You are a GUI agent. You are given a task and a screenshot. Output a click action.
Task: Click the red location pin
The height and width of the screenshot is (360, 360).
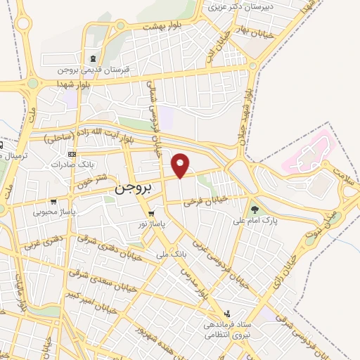point(181,165)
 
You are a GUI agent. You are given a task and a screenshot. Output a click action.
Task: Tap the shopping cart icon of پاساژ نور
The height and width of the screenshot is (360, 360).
point(151,213)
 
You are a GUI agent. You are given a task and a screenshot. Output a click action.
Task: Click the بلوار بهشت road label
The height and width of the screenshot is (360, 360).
point(162,27)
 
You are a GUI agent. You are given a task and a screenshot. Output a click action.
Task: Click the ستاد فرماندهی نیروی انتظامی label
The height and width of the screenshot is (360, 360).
point(230,331)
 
